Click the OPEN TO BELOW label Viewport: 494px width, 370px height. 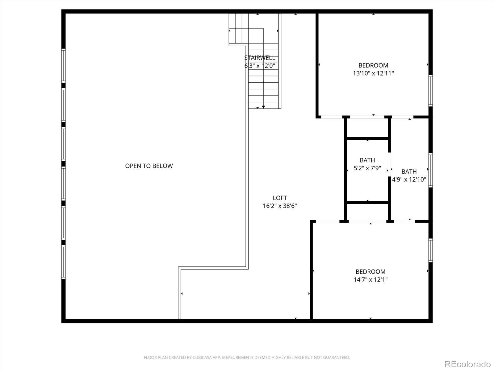(x=149, y=166)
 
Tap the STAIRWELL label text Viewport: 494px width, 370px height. (x=259, y=58)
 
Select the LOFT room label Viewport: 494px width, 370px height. (x=280, y=198)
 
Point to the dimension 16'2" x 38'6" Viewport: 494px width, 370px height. (x=280, y=206)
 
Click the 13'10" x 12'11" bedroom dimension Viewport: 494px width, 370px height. (x=373, y=73)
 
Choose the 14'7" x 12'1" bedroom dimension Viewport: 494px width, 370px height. (x=371, y=280)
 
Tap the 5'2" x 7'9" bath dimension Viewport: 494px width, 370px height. (x=367, y=168)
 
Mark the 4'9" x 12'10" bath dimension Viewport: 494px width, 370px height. (x=409, y=179)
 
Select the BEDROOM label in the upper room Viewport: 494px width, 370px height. (x=373, y=65)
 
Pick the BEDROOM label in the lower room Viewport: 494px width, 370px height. (x=371, y=272)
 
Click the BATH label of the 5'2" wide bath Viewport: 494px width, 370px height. (x=367, y=160)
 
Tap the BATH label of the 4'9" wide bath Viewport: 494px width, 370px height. (x=409, y=171)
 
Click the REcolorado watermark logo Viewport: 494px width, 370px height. (x=467, y=364)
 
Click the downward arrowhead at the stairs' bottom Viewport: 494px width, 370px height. (x=263, y=107)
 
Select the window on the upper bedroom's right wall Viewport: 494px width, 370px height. (x=430, y=91)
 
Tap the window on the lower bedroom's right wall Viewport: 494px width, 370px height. (x=430, y=250)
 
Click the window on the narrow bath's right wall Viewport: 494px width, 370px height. (x=430, y=170)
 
